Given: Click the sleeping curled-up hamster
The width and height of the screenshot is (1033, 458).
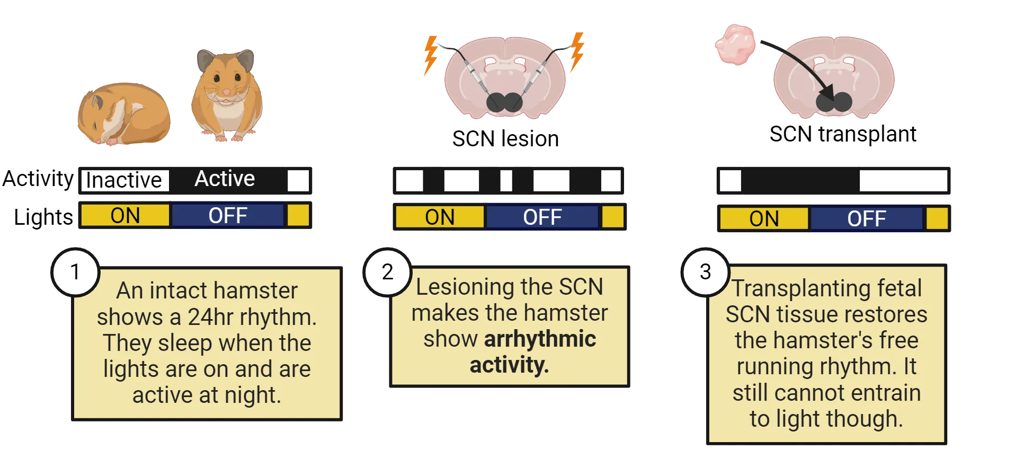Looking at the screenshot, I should (124, 114).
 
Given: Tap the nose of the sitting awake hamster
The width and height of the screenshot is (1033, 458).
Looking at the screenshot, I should (227, 92).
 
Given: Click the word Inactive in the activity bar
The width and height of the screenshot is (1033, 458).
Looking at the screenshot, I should (124, 180).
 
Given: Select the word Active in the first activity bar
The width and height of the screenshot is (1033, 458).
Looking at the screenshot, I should (225, 179).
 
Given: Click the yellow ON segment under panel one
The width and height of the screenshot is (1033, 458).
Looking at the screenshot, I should (125, 216).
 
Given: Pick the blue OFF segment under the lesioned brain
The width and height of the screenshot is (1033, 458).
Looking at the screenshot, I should (542, 217).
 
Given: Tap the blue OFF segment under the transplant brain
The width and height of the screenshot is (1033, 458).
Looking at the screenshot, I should (866, 219).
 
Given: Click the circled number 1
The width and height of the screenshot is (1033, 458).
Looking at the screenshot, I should (75, 272).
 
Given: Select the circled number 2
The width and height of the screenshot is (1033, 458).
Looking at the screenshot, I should (388, 272).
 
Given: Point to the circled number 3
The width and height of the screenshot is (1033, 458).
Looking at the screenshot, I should (705, 272).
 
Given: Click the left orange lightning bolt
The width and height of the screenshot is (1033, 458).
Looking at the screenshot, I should (431, 55).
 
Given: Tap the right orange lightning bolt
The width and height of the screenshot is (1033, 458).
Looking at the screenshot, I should (576, 51).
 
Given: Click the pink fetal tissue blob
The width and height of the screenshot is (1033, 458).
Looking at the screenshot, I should (735, 45).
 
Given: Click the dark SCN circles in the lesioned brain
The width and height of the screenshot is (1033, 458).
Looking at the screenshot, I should (504, 102).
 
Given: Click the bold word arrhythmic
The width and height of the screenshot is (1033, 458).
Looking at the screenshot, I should (540, 339).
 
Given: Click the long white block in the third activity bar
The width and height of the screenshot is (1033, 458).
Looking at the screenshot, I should (903, 181).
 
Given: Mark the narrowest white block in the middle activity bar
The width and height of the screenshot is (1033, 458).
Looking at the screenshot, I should (506, 181).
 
